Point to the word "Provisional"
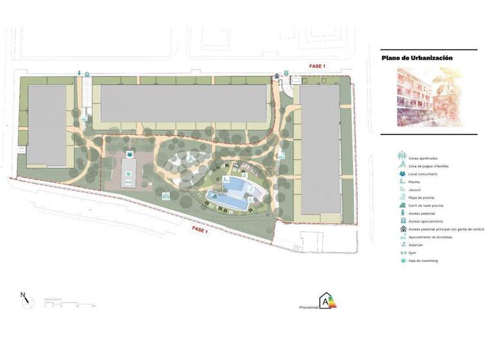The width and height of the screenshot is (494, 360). click(308, 307)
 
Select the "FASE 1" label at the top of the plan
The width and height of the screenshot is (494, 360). click(318, 66)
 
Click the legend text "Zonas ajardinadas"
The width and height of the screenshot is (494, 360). click(423, 157)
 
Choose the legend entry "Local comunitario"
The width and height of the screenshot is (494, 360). click(423, 174)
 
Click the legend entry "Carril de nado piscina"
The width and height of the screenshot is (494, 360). click(427, 205)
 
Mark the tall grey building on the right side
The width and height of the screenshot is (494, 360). click(320, 149)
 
